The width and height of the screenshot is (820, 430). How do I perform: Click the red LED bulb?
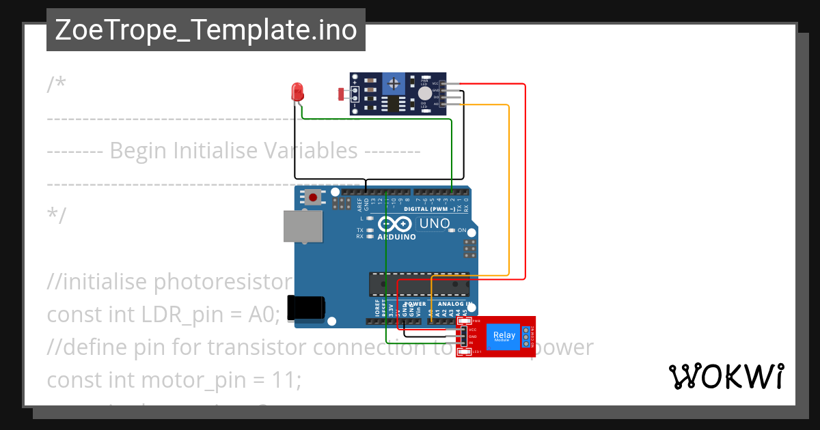click(x=297, y=91)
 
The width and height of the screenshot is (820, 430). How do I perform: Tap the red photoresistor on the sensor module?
click(x=342, y=94)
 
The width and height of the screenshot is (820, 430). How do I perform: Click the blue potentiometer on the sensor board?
click(x=393, y=83)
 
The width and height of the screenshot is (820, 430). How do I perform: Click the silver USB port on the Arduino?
click(x=303, y=226)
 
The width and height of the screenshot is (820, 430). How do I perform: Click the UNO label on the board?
click(x=433, y=224)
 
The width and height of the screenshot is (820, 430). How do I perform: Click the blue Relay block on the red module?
click(x=504, y=336)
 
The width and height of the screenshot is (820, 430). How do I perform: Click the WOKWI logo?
click(x=726, y=377)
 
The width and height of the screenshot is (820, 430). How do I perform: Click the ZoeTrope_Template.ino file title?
click(x=206, y=31)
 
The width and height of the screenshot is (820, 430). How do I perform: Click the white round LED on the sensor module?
click(x=424, y=94)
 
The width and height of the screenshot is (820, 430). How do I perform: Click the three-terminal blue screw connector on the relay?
click(x=526, y=336)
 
